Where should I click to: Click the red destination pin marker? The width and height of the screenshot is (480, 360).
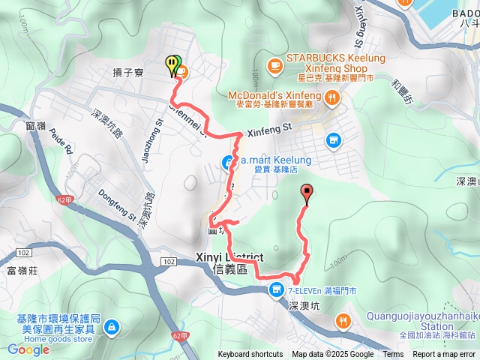click(306, 193)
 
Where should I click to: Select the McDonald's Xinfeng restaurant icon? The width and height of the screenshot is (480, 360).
click(330, 95)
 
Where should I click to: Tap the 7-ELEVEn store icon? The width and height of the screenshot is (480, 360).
click(277, 289)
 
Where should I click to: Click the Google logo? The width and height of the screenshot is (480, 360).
click(28, 349)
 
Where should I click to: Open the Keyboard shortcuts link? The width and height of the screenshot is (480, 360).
click(250, 355)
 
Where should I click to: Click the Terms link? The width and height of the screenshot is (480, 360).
click(393, 355)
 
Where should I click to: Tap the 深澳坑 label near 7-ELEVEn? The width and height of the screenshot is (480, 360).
click(304, 306)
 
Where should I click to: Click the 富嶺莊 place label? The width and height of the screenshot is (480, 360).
click(22, 270)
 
